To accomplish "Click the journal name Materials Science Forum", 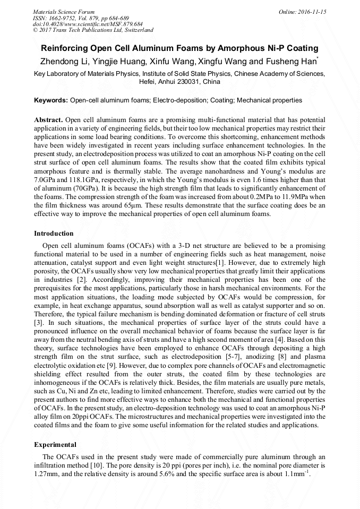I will (64, 11).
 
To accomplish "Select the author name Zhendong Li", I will (62, 62).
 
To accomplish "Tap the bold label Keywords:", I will (51, 100).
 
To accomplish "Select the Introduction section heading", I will (54, 234).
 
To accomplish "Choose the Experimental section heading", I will (55, 445).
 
